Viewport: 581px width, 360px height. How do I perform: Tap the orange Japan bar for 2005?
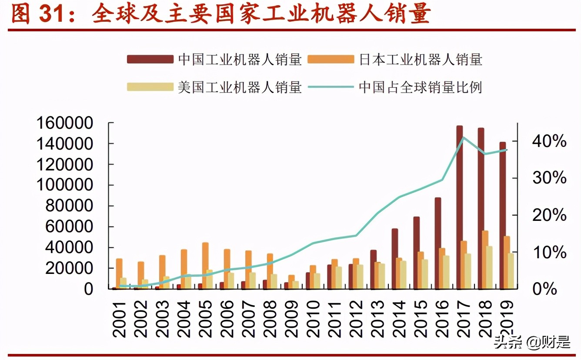[205, 265]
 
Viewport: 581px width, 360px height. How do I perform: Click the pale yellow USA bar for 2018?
[490, 267]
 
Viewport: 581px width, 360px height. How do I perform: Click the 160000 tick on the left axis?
[65, 123]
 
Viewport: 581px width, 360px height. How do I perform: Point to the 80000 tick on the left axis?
[70, 206]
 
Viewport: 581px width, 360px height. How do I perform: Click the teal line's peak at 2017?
[464, 137]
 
